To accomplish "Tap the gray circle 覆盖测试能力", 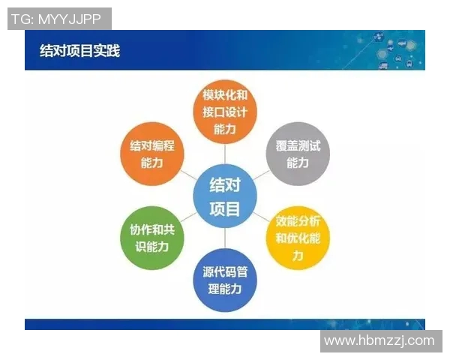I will coord(297,153).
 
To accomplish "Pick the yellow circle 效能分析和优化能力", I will coord(298,239).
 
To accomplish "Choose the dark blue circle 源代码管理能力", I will coord(225,280).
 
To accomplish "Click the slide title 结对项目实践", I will coord(79,51).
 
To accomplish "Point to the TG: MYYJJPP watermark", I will coord(59,19).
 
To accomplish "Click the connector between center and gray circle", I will coord(262,175).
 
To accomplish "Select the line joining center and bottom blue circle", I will coord(225,238).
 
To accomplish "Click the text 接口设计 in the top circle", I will coord(225,112).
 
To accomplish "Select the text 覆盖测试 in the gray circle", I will coord(297,145).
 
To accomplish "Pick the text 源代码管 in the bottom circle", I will coord(225,271).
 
